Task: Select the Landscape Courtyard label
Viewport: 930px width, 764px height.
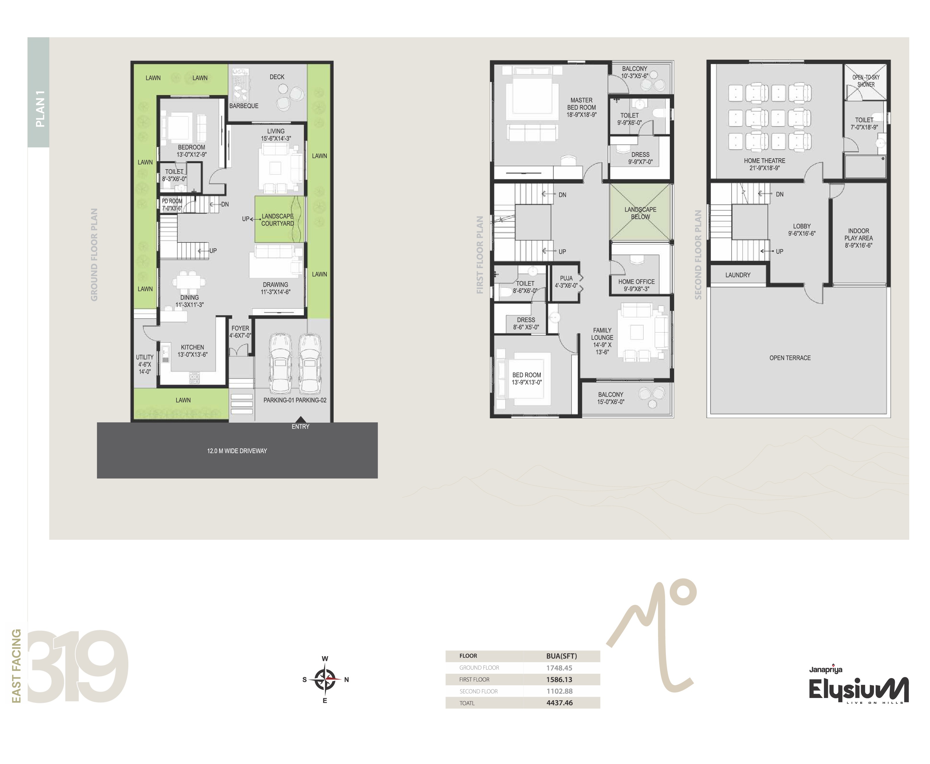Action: click(277, 220)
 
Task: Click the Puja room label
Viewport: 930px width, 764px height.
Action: click(566, 282)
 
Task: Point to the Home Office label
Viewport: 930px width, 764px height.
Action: click(636, 282)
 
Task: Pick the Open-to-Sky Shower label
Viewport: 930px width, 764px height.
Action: click(866, 81)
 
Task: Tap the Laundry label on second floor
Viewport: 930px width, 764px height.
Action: click(738, 275)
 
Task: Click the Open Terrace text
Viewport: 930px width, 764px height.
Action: click(790, 358)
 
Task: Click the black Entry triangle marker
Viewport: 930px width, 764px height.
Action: click(300, 419)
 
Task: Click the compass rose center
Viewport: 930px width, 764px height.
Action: click(325, 680)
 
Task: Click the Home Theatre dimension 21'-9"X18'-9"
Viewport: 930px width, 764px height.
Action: click(764, 168)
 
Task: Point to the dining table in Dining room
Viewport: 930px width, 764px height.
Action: click(189, 280)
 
